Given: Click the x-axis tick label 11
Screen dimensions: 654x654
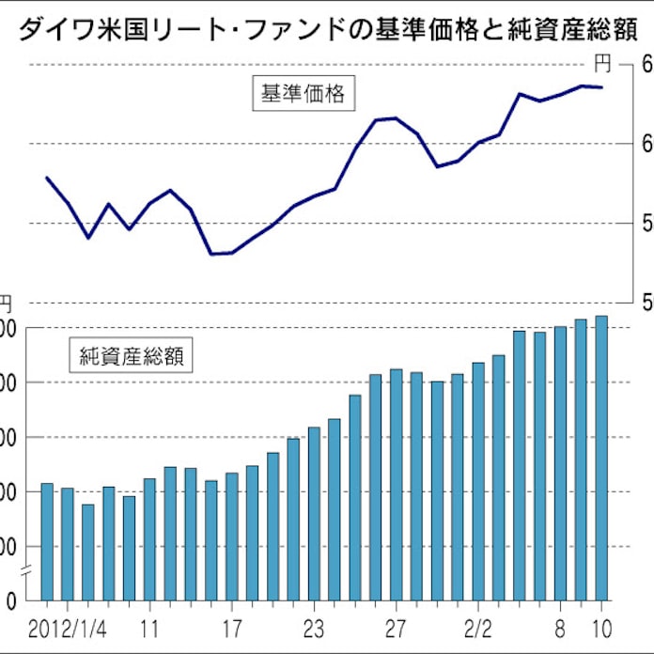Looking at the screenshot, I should [x=148, y=626].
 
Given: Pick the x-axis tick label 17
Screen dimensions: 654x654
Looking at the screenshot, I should [x=232, y=626].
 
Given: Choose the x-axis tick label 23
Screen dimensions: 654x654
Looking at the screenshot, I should [x=314, y=626].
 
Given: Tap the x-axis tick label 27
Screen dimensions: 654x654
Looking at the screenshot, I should [x=396, y=626].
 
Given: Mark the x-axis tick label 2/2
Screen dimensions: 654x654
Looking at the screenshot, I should [x=477, y=626].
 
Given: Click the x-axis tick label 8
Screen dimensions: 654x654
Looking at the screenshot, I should [x=561, y=626].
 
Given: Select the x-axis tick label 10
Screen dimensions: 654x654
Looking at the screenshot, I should [x=601, y=626].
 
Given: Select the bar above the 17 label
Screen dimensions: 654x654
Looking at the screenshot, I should [x=232, y=536].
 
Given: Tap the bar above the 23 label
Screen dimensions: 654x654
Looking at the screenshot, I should [x=314, y=513].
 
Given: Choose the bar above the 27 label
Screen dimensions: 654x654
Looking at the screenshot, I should [x=396, y=484].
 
